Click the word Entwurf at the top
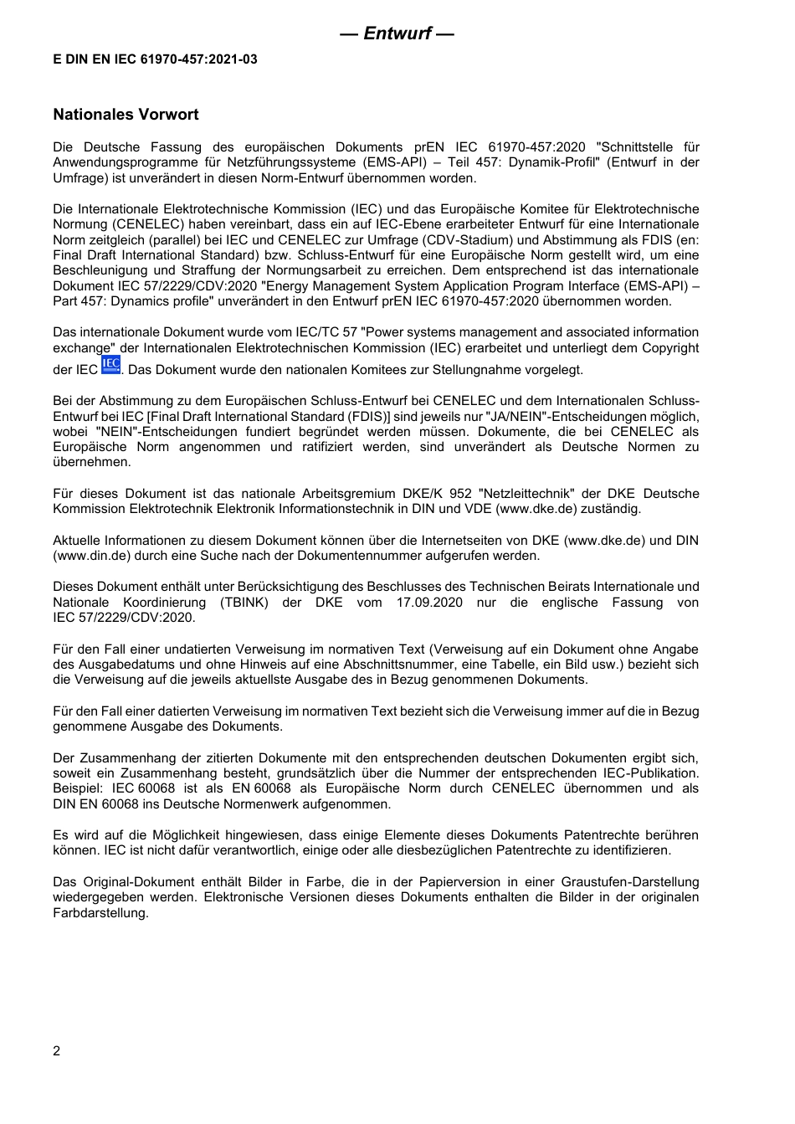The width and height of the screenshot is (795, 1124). (397, 33)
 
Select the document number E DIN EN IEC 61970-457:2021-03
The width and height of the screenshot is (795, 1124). (155, 59)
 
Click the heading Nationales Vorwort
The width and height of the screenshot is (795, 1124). (126, 115)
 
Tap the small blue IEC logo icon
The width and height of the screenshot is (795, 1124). (110, 365)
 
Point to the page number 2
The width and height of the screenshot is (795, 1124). (57, 1051)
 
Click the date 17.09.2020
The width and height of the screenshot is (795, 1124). (429, 603)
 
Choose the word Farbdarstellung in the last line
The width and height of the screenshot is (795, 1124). (100, 913)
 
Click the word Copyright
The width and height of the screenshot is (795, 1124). (669, 348)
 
